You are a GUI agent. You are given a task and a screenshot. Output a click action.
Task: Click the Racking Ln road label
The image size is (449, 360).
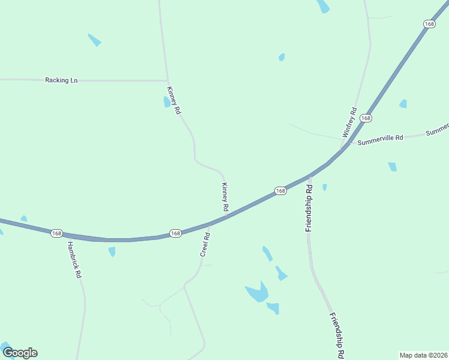(61, 80)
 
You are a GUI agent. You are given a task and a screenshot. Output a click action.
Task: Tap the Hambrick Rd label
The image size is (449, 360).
(74, 259)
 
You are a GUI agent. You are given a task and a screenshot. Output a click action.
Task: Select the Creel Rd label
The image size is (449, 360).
(205, 245)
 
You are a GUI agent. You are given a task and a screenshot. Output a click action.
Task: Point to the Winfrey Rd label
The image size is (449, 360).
(350, 123)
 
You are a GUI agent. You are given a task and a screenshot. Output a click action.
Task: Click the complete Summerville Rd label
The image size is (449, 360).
(380, 140)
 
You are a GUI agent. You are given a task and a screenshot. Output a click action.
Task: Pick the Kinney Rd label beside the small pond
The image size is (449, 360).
(173, 100)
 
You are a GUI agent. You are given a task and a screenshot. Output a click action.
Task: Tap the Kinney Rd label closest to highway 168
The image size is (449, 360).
(225, 197)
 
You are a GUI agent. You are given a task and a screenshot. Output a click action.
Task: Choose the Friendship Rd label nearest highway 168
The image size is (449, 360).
(309, 208)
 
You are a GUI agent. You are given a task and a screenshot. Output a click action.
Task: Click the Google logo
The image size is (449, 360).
(20, 353)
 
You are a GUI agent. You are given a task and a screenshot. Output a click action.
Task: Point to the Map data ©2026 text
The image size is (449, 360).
(423, 355)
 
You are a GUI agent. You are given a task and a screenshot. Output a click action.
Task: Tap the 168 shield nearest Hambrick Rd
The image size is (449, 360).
(56, 233)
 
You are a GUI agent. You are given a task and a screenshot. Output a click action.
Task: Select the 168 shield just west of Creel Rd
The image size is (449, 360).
(175, 233)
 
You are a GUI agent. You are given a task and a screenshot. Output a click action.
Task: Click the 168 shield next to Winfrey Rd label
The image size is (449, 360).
(366, 118)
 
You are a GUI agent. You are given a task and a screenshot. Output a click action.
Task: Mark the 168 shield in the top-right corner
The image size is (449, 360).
(429, 24)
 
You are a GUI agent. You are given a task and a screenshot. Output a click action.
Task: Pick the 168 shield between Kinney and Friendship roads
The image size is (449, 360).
(280, 190)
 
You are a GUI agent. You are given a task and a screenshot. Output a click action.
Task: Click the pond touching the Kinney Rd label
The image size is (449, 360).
(167, 102)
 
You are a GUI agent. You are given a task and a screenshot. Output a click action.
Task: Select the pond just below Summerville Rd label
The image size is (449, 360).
(393, 167)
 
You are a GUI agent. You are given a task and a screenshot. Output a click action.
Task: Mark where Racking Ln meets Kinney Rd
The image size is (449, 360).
(167, 80)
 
